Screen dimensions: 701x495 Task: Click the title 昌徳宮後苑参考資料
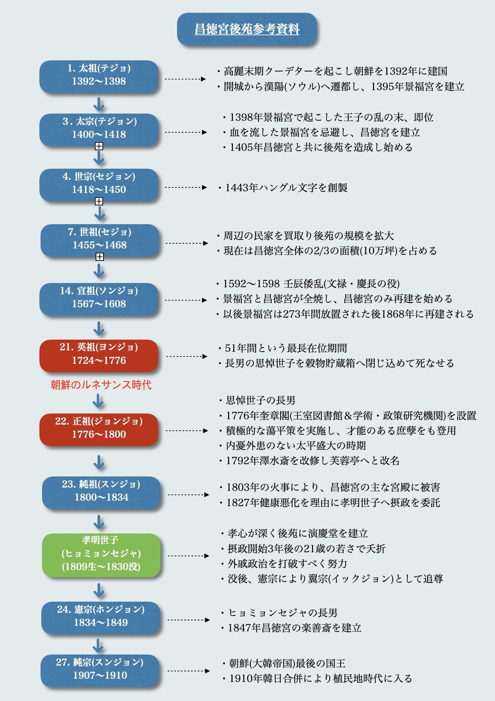[x=247, y=29]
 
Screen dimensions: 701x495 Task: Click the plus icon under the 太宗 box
[x=99, y=146]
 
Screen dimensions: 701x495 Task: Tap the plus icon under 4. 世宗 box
[x=99, y=202]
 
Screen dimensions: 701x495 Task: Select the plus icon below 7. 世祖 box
[x=99, y=257]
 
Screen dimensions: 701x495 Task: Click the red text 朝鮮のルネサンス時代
[x=101, y=385]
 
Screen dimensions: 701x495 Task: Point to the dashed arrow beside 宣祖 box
[x=186, y=300]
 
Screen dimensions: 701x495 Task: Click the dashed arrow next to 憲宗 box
[x=189, y=620]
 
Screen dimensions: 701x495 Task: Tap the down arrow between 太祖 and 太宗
[x=99, y=104]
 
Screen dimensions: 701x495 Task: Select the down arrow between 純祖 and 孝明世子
[x=99, y=522]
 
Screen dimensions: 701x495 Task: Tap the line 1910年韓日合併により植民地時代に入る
[x=320, y=678]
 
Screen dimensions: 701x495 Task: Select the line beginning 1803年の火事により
[x=333, y=487]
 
